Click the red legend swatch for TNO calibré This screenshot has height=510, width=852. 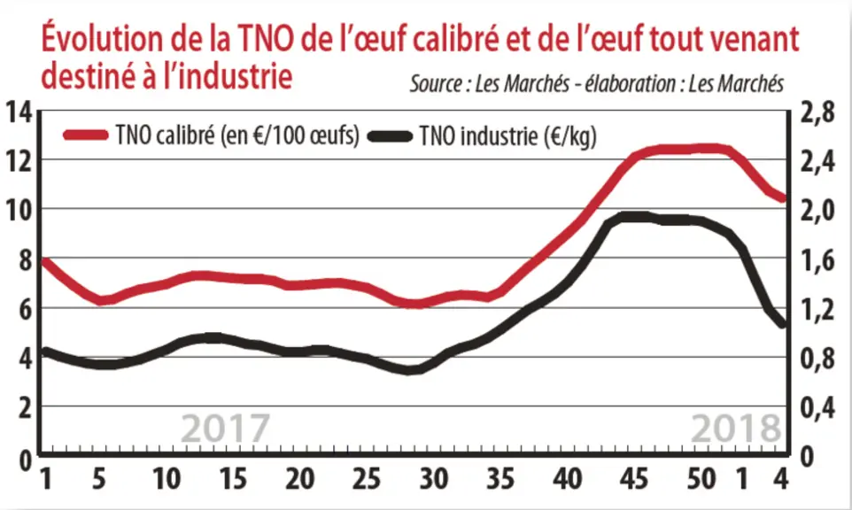[85, 135]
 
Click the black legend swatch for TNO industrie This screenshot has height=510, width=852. [391, 135]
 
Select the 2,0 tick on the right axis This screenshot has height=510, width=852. [817, 210]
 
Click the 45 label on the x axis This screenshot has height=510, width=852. [634, 479]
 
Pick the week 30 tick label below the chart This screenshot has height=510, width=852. [434, 479]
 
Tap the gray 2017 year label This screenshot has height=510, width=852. [225, 428]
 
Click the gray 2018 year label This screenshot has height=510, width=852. [736, 428]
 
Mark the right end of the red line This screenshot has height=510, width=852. [783, 198]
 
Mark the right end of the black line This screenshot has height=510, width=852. [783, 325]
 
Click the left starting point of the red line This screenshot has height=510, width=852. [43, 261]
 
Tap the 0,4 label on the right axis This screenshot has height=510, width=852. [817, 408]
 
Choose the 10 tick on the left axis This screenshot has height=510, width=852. [19, 210]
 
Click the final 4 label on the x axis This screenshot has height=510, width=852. [781, 479]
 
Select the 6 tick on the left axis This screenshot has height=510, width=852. [25, 308]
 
